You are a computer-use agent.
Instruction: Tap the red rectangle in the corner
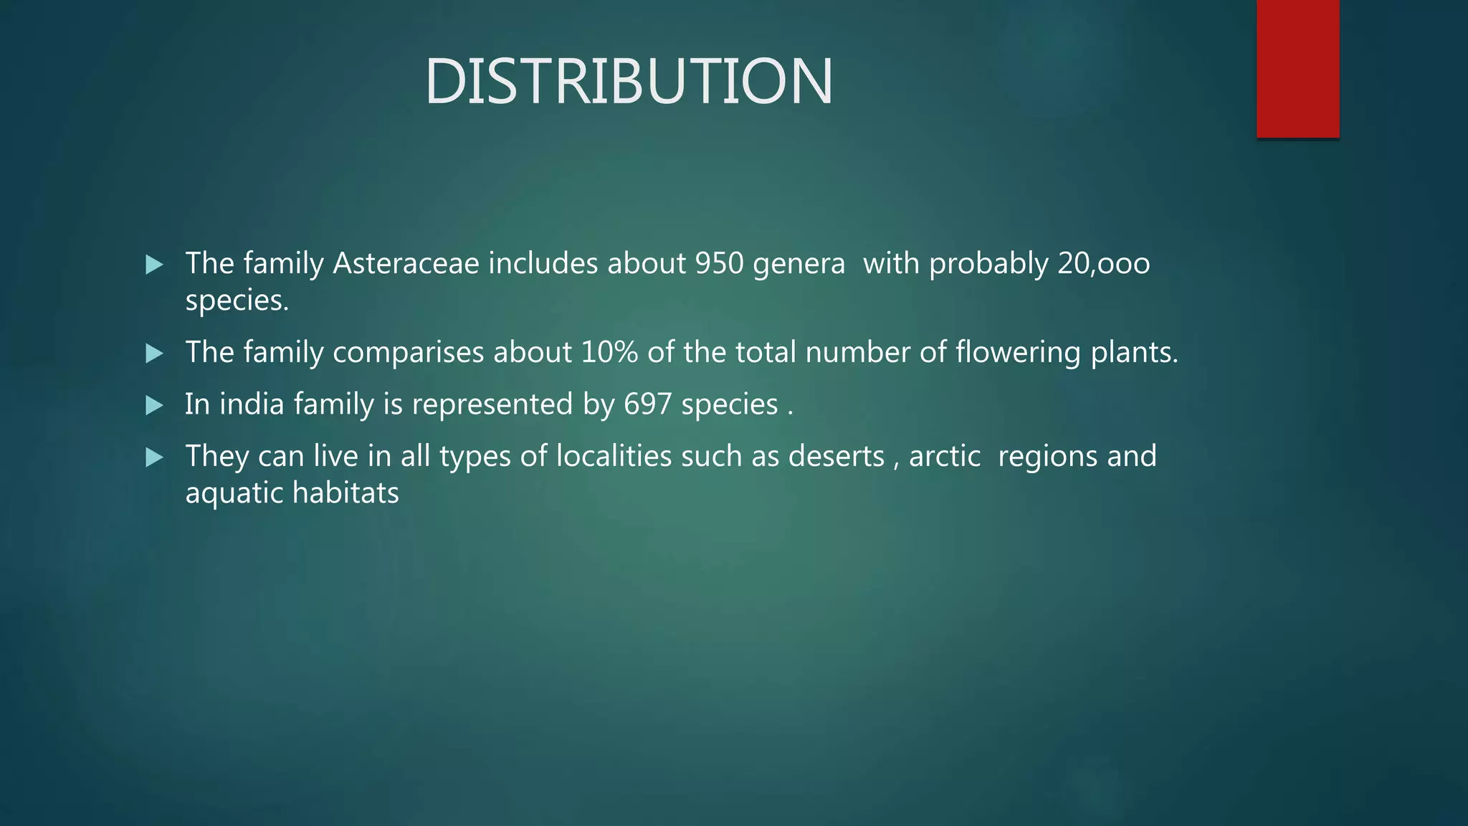[x=1297, y=69]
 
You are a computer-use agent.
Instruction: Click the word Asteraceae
[x=406, y=263]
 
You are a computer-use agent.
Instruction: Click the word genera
[x=799, y=265]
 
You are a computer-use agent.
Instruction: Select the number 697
[x=648, y=404]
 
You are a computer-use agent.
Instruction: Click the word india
[x=252, y=404]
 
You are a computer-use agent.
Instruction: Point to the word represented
[x=492, y=404]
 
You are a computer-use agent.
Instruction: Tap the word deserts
[x=836, y=456]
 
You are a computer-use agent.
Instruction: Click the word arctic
[x=944, y=456]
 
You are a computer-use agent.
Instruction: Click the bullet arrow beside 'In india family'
[x=154, y=406]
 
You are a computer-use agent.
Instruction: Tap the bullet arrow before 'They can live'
[x=154, y=457]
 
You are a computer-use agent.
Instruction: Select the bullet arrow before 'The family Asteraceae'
[x=154, y=265]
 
